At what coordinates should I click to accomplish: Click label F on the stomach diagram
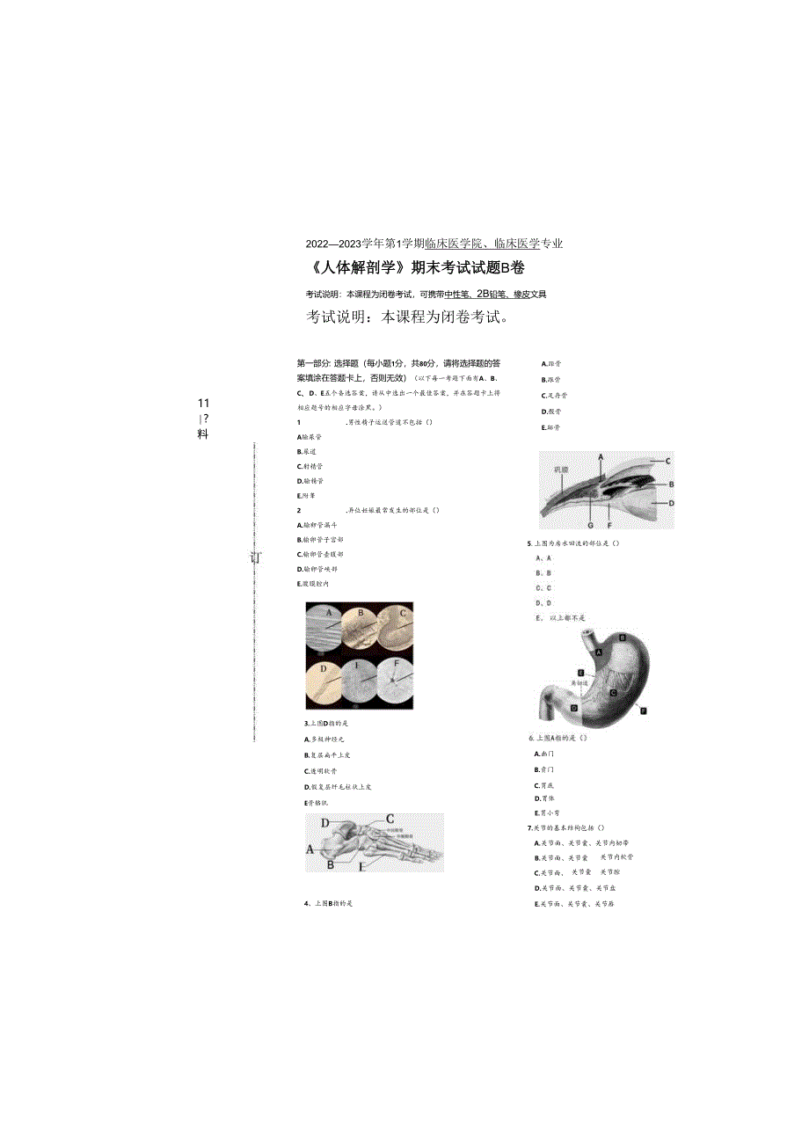(644, 710)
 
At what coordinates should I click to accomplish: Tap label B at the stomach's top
(623, 636)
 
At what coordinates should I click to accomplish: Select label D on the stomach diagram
(573, 707)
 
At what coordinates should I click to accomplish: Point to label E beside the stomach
(580, 672)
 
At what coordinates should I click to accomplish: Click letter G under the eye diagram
(590, 524)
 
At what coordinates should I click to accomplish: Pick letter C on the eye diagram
(667, 461)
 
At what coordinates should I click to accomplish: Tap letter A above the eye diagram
(601, 457)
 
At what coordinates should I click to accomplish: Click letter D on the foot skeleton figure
(324, 823)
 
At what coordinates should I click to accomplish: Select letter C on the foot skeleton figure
(390, 819)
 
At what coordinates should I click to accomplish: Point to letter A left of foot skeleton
(310, 849)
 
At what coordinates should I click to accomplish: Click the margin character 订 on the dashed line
(255, 557)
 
